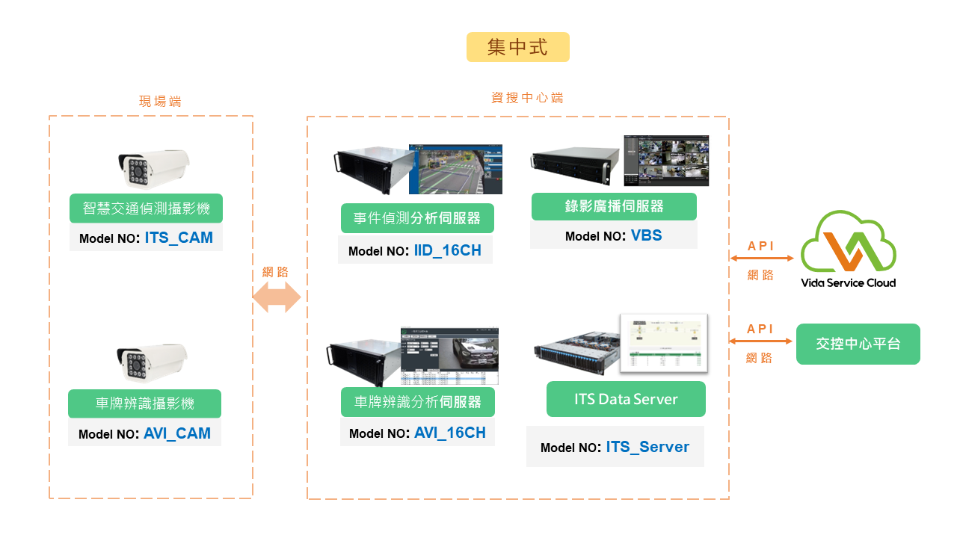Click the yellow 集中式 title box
pyautogui.click(x=517, y=47)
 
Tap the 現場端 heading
pyautogui.click(x=160, y=101)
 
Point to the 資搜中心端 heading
pyautogui.click(x=527, y=98)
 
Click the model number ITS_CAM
pyautogui.click(x=179, y=238)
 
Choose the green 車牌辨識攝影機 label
pyautogui.click(x=144, y=403)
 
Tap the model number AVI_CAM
pyautogui.click(x=177, y=433)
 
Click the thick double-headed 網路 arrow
pyautogui.click(x=276, y=298)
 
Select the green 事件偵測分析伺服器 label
pyautogui.click(x=417, y=218)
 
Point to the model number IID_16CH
pyautogui.click(x=447, y=250)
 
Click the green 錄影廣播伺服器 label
pyautogui.click(x=614, y=206)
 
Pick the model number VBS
pyautogui.click(x=646, y=235)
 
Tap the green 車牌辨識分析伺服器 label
pyautogui.click(x=417, y=402)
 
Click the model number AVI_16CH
pyautogui.click(x=449, y=433)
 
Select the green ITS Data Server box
pyautogui.click(x=626, y=399)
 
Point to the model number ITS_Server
pyautogui.click(x=647, y=447)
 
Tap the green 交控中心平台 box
pyautogui.click(x=858, y=344)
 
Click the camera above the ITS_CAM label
pyautogui.click(x=153, y=169)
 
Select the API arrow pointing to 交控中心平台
pyautogui.click(x=760, y=341)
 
